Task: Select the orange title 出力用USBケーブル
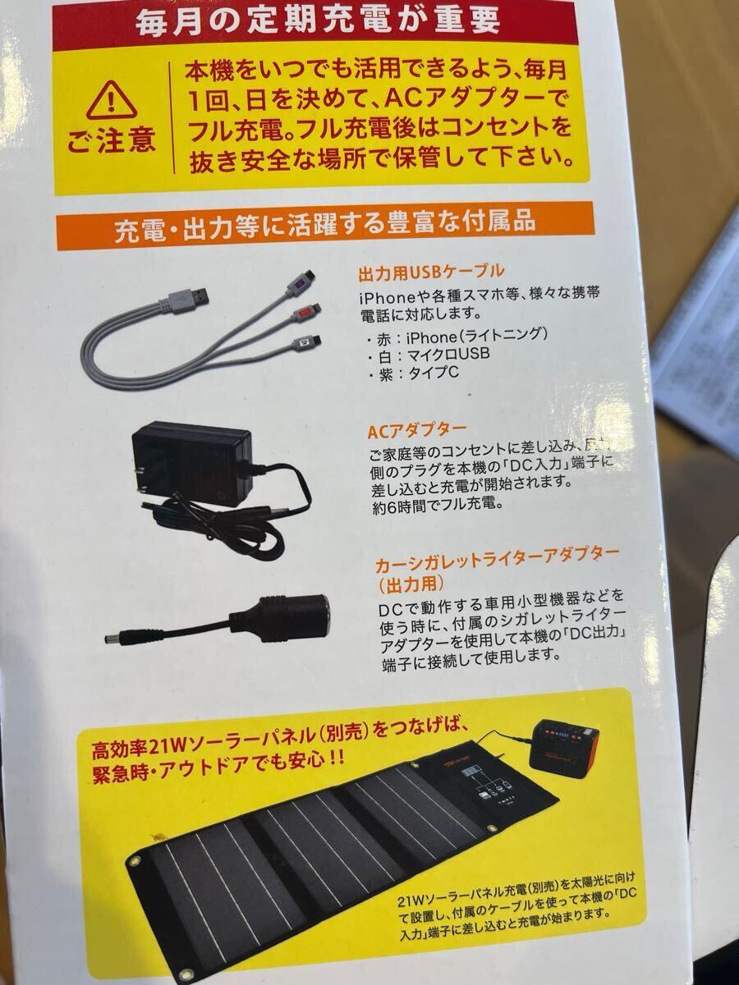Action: coord(430,272)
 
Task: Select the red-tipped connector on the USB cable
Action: coord(306,314)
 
